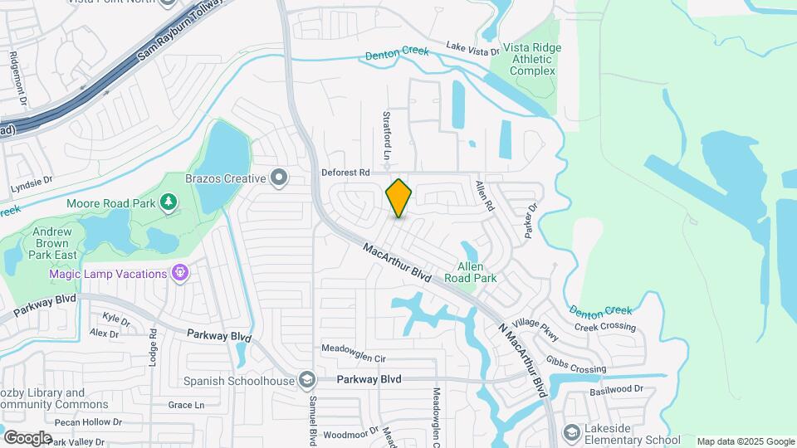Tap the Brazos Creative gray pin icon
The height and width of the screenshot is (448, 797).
[x=279, y=178]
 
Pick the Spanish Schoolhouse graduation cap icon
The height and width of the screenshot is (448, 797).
[x=306, y=380]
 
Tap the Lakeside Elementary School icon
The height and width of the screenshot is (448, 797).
[x=571, y=433]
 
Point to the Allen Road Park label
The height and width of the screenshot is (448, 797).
[x=477, y=273]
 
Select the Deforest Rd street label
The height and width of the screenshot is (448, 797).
[x=345, y=173]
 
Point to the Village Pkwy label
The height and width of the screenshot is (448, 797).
[x=535, y=329]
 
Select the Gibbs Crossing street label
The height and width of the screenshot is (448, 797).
[x=575, y=364]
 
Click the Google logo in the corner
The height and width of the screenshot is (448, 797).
[x=28, y=437]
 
